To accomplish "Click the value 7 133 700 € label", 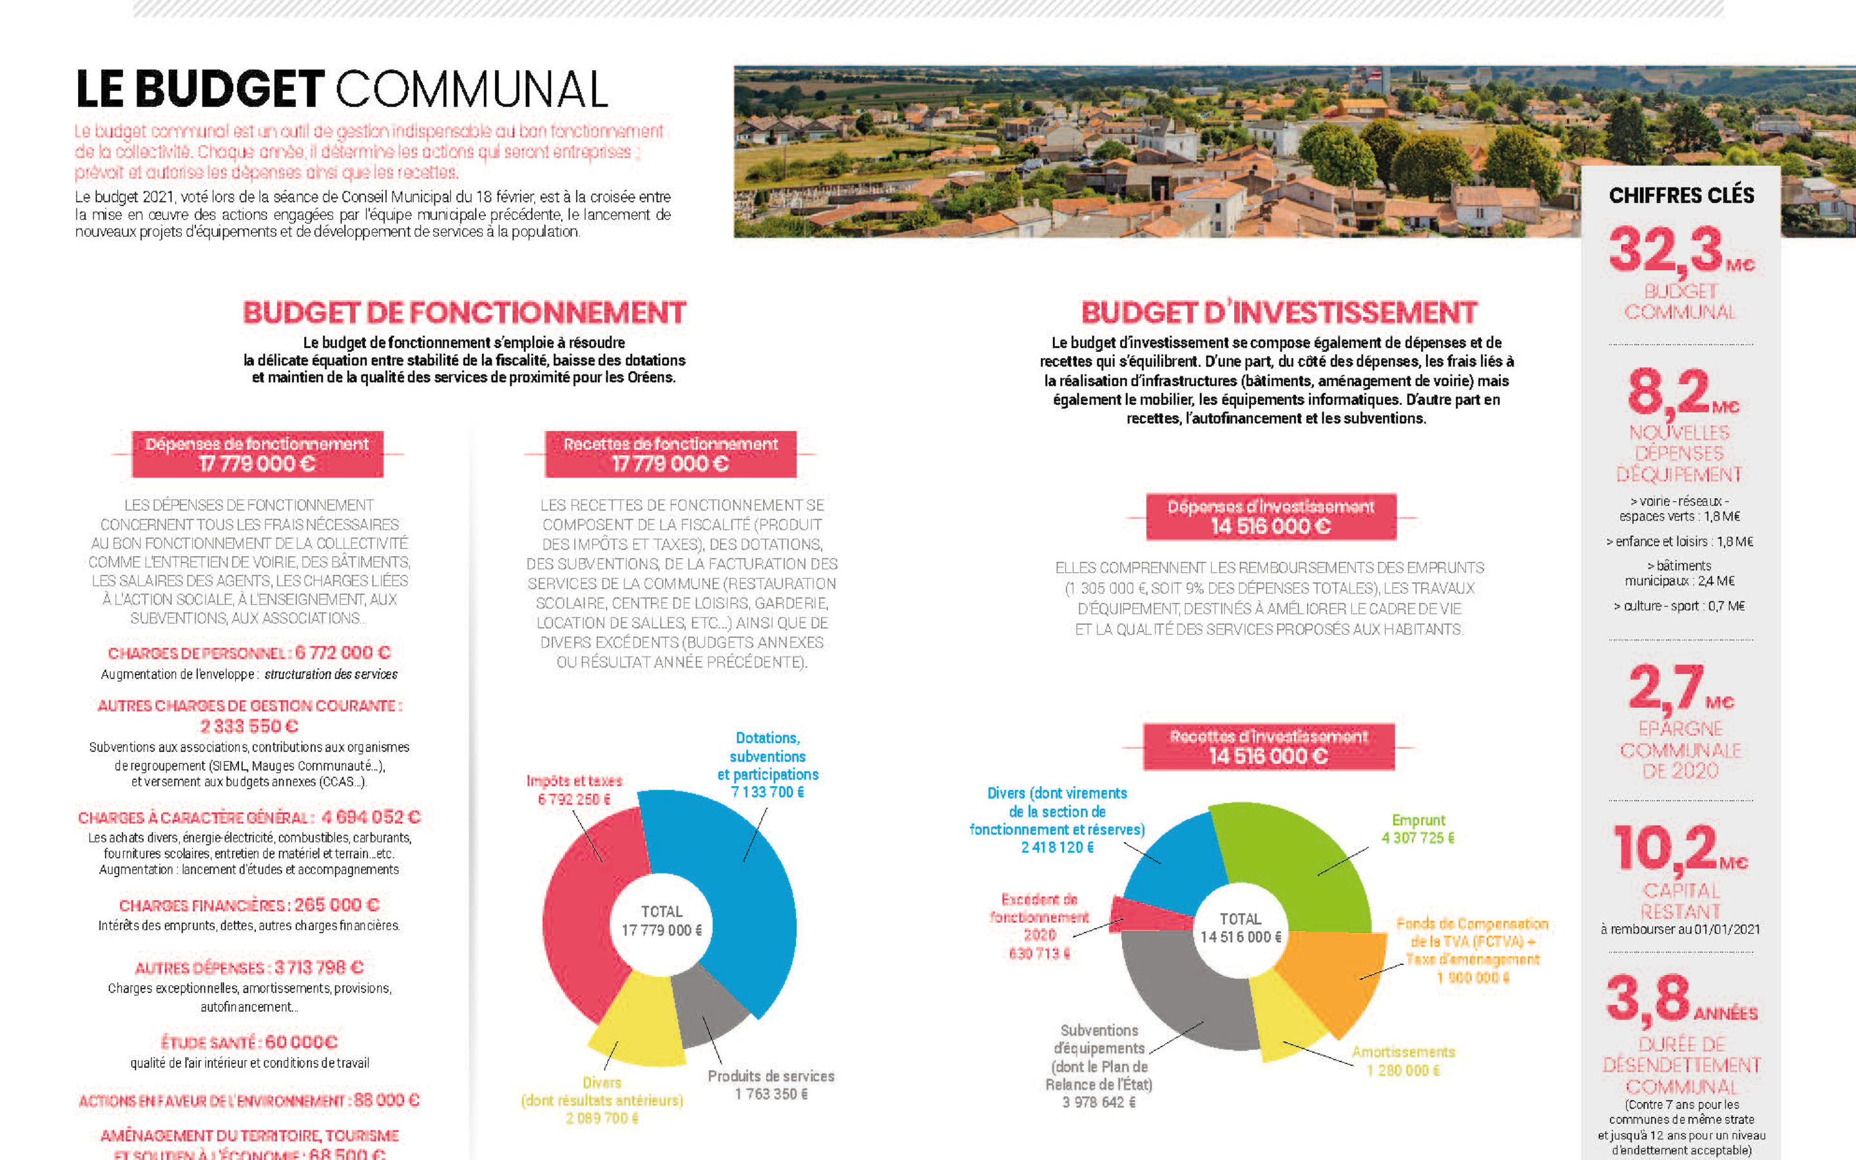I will coord(767,792).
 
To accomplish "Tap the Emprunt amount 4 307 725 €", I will coord(1417,838).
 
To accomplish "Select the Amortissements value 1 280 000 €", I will coord(1403,1070).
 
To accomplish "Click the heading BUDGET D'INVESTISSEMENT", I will coord(1279,313).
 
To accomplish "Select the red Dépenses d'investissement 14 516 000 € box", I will coord(1271,516).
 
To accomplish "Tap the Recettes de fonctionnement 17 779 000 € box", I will coord(670,454).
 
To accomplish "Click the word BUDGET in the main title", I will coord(230,90).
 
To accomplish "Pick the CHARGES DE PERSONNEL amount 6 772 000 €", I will coord(342,653).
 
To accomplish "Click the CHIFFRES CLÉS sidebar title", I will coord(1681,196).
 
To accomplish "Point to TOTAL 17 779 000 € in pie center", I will coord(661,922).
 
